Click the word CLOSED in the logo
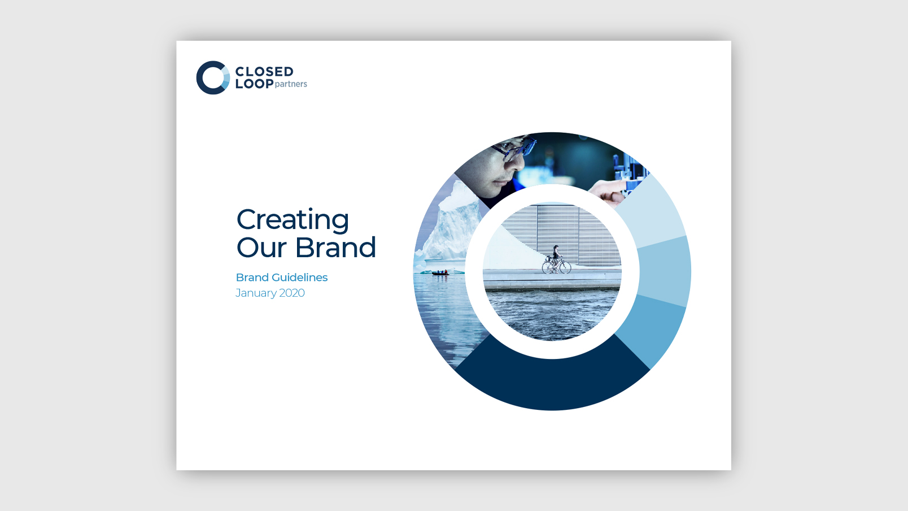coord(264,71)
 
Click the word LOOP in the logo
coord(254,84)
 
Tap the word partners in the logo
coord(291,84)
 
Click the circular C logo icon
coord(213,77)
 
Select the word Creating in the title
coord(293,220)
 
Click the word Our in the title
coord(261,247)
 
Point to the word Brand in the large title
coord(335,247)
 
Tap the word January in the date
coord(256,293)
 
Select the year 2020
coord(292,293)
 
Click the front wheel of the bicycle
coord(564,267)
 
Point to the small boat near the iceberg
coord(440,273)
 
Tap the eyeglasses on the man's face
coord(514,149)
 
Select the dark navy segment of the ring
coord(552,382)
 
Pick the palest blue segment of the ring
coord(651,211)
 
